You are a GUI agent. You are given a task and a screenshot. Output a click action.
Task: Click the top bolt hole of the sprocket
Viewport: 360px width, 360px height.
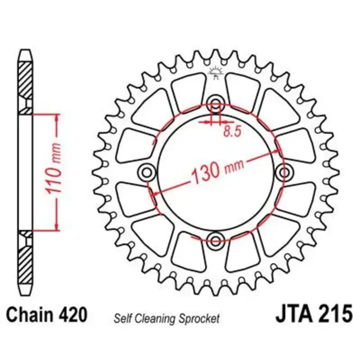click(216, 103)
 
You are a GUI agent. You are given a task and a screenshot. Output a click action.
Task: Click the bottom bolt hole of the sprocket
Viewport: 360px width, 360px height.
click(216, 241)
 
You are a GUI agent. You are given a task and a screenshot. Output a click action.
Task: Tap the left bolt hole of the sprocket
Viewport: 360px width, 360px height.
click(147, 172)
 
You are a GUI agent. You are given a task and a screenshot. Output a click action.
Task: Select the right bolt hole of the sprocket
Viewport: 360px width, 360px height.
click(284, 172)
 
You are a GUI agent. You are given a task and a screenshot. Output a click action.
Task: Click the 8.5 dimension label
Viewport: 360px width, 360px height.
click(233, 132)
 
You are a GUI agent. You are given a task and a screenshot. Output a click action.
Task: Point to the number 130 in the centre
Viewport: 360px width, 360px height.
click(205, 173)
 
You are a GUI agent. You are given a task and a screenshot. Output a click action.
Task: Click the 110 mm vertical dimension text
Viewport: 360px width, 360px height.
click(54, 168)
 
